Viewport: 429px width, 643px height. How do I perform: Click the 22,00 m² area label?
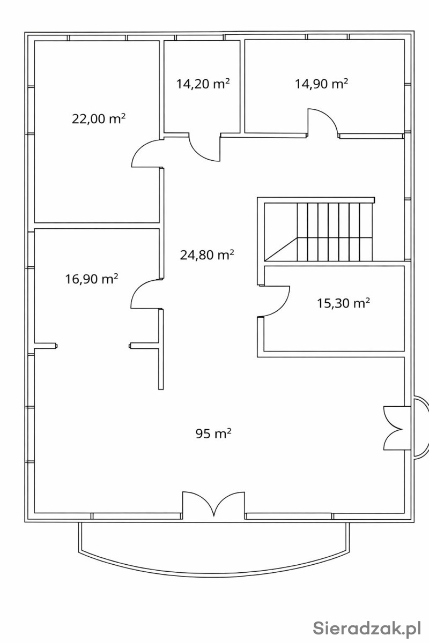[99, 118]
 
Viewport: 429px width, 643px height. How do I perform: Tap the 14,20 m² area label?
[203, 84]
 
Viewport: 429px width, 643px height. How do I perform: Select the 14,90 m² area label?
[322, 84]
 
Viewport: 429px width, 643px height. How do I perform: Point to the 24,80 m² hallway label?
[207, 255]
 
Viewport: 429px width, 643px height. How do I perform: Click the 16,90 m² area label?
[92, 279]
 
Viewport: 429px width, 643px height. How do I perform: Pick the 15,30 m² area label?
[343, 303]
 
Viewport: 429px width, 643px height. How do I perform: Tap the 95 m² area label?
[213, 433]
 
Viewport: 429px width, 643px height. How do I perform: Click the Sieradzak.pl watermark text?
[367, 628]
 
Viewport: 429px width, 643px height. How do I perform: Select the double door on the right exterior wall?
[394, 428]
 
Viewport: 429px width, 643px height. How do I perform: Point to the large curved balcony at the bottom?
[214, 573]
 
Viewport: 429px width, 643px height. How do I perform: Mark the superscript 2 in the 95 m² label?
[229, 430]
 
